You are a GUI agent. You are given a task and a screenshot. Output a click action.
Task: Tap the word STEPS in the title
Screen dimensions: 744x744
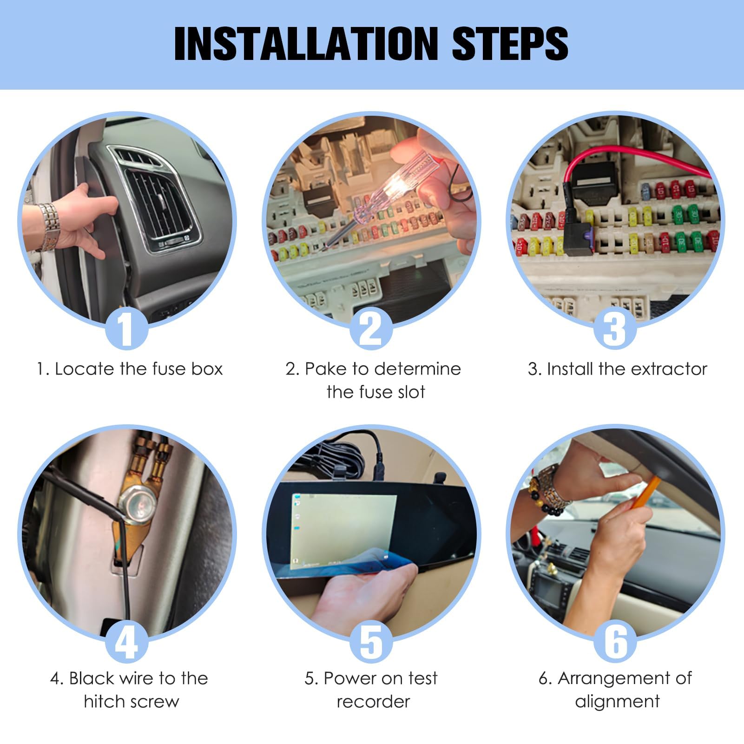point(510,44)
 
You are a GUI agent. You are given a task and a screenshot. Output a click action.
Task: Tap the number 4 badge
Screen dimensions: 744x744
point(126,642)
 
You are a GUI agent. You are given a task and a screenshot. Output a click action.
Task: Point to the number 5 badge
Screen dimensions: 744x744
point(371,642)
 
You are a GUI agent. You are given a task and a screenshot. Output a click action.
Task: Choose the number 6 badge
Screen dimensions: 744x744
point(615,642)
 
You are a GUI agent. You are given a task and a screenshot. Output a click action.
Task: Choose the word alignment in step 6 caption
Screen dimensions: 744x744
point(617,702)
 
